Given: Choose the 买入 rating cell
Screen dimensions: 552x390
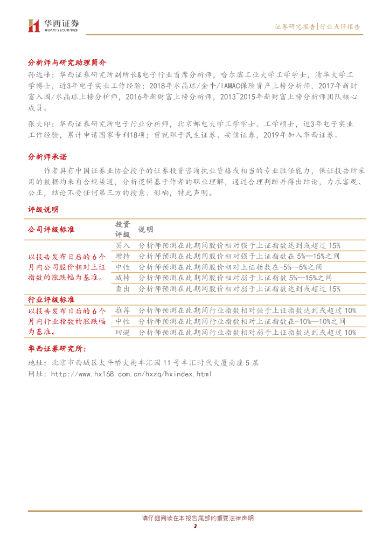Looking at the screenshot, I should (123, 245).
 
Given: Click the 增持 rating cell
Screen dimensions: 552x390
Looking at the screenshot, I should (123, 256).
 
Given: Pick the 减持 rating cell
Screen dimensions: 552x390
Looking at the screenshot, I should (123, 278).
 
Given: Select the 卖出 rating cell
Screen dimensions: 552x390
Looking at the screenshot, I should (123, 289).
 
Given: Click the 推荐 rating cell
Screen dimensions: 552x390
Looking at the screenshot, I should (123, 310).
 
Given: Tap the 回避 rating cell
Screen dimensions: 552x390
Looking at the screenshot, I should (123, 333).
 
